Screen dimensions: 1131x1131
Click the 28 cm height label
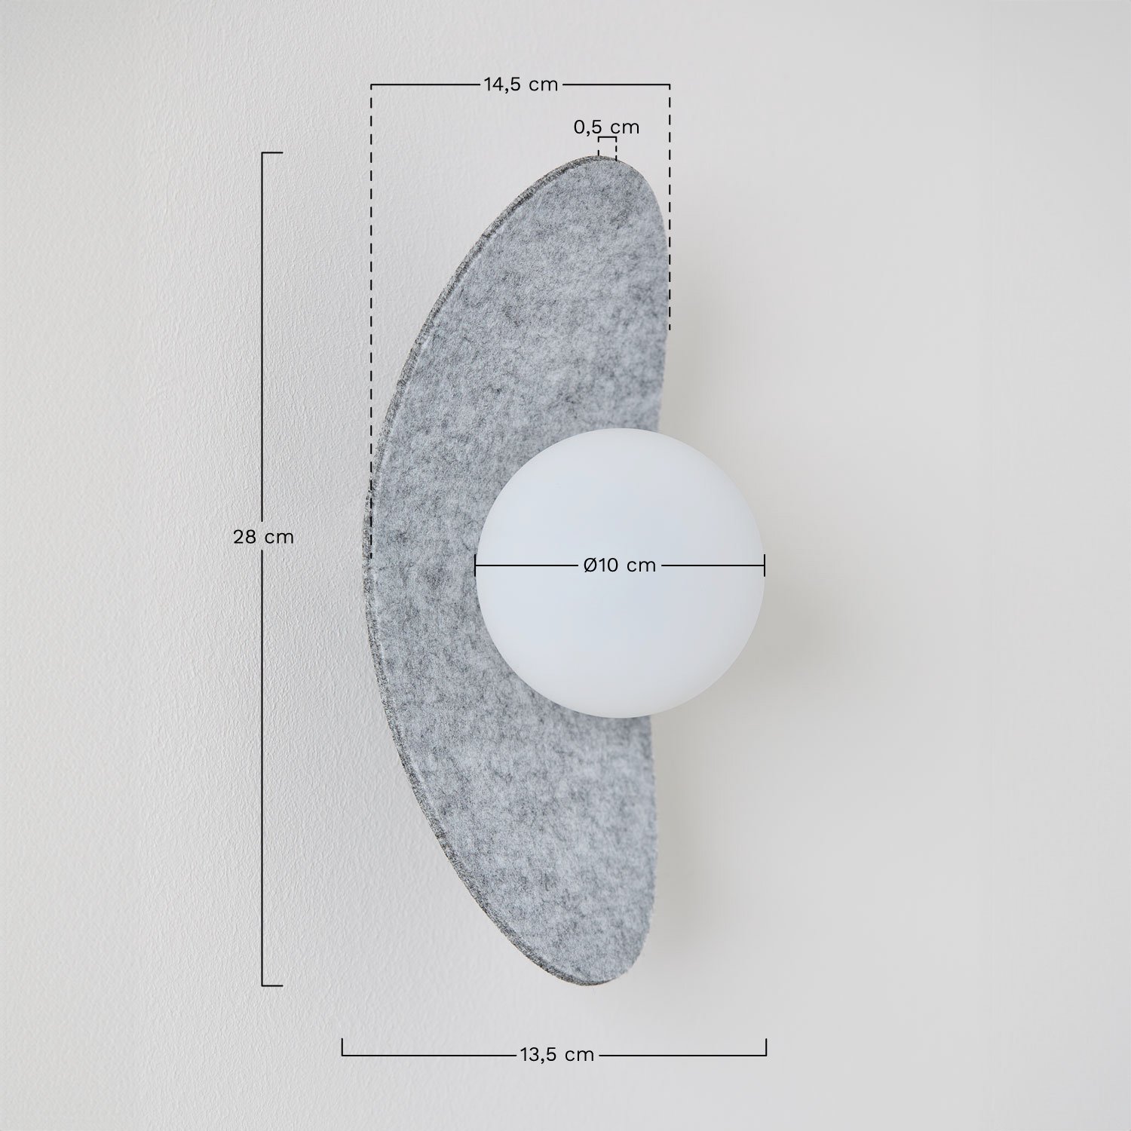pos(263,537)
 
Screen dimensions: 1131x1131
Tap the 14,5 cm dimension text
pos(520,84)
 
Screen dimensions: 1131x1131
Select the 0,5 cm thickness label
pos(606,127)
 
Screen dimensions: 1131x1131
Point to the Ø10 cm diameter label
pos(620,565)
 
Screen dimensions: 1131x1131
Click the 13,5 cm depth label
pos(556,1055)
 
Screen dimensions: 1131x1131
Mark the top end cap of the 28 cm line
pos(271,153)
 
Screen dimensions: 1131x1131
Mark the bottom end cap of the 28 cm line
pos(271,985)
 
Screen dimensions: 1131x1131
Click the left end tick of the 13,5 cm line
pos(342,1047)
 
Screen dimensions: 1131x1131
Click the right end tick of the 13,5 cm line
pos(766,1047)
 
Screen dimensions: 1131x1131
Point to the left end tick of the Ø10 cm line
pos(475,565)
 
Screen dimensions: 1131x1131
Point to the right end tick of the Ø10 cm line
pos(765,565)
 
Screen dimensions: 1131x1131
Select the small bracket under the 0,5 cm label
pos(607,140)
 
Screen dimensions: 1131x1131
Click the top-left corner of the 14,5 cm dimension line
pos(371,85)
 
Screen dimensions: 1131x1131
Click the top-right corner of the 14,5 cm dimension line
pos(670,85)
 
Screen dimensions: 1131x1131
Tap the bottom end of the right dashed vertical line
pos(670,329)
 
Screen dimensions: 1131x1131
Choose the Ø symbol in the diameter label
pos(591,565)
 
